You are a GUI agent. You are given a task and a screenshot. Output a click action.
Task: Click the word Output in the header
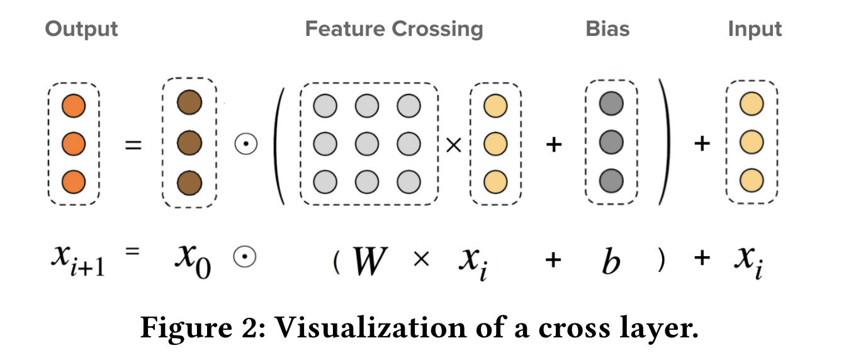(81, 29)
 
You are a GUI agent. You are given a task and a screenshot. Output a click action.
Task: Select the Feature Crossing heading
(394, 29)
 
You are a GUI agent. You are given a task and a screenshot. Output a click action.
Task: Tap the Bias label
(607, 29)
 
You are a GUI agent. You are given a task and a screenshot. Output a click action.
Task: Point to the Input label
(755, 29)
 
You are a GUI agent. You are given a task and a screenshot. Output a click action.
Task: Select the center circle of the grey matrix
(367, 144)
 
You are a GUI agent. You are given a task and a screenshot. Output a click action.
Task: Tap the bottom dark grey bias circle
(611, 181)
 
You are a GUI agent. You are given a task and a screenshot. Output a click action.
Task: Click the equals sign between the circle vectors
(133, 145)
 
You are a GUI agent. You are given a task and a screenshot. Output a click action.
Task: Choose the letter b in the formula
(610, 261)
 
